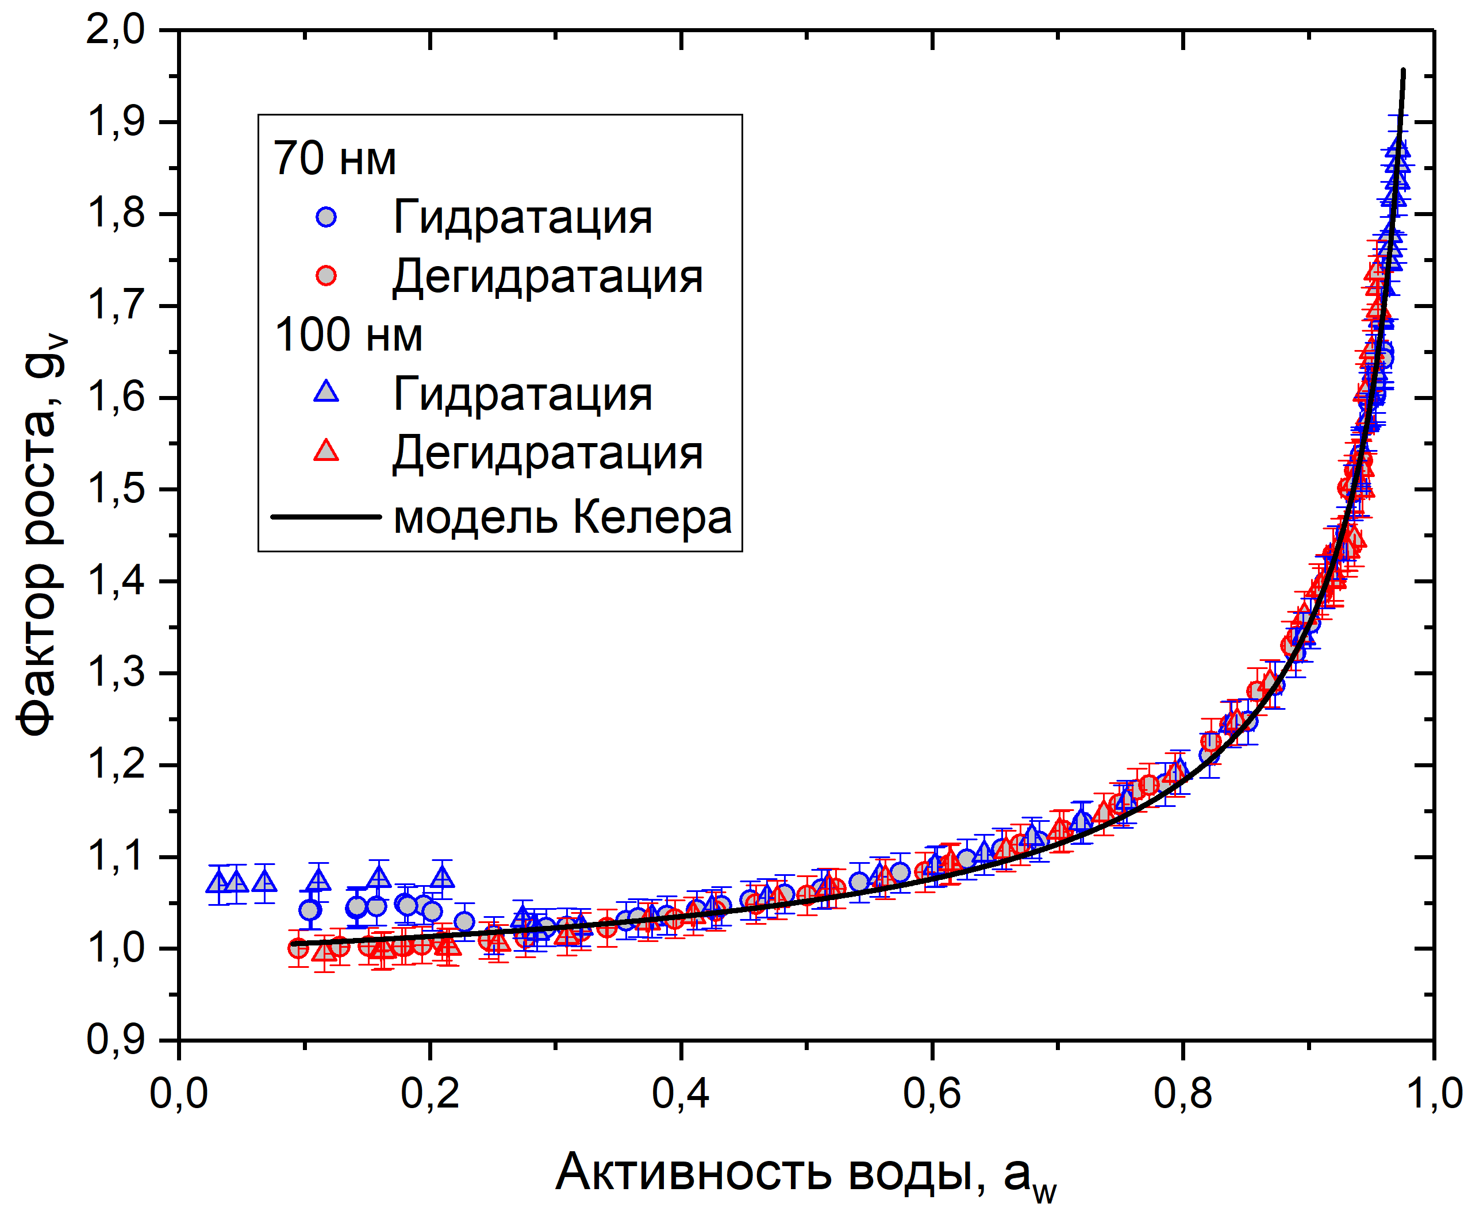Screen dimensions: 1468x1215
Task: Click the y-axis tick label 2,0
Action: pyautogui.click(x=116, y=32)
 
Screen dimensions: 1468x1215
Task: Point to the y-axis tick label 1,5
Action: pyautogui.click(x=116, y=489)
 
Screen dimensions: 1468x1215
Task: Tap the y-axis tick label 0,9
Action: pyautogui.click(x=116, y=1040)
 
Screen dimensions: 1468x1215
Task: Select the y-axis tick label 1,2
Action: pyautogui.click(x=116, y=765)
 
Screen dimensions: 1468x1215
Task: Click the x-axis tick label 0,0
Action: pyautogui.click(x=179, y=1093)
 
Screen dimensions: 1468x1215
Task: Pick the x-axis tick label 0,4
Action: pyautogui.click(x=681, y=1093)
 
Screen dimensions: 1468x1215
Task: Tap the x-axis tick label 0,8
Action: pyautogui.click(x=1183, y=1093)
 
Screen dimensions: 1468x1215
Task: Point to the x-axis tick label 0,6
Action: pyautogui.click(x=932, y=1093)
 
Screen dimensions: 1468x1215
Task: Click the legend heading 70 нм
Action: pyautogui.click(x=334, y=159)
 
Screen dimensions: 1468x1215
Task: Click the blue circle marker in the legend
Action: pyautogui.click(x=326, y=217)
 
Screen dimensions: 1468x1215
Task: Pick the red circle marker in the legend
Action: pyautogui.click(x=326, y=276)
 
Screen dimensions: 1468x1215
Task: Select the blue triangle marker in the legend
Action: pyautogui.click(x=326, y=392)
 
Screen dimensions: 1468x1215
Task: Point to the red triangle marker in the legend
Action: pyautogui.click(x=326, y=451)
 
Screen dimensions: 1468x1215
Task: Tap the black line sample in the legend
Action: pyautogui.click(x=326, y=517)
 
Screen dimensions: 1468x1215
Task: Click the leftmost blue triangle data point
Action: pyautogui.click(x=219, y=882)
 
